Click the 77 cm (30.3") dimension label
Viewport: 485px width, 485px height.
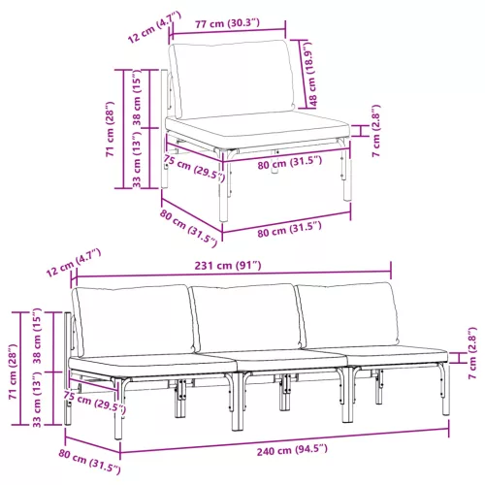pyautogui.click(x=227, y=23)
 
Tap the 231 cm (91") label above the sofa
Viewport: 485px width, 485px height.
pyautogui.click(x=228, y=266)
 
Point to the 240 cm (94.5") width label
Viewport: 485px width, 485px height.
pyautogui.click(x=292, y=450)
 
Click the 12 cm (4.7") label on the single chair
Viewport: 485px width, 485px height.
pyautogui.click(x=154, y=27)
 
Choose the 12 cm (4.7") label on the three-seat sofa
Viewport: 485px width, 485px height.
pyautogui.click(x=74, y=263)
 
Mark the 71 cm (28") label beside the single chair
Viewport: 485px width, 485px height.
pyautogui.click(x=110, y=129)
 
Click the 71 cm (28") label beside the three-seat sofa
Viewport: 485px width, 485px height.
pyautogui.click(x=13, y=372)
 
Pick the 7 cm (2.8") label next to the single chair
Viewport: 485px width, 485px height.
pyautogui.click(x=376, y=131)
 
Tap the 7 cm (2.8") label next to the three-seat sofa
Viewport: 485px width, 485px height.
pyautogui.click(x=472, y=353)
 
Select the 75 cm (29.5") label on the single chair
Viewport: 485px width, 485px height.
pyautogui.click(x=194, y=168)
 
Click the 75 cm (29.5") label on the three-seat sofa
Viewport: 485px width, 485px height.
pyautogui.click(x=94, y=403)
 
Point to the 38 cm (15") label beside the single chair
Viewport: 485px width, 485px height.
pyautogui.click(x=137, y=97)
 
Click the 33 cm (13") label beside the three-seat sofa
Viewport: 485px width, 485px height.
pyautogui.click(x=37, y=400)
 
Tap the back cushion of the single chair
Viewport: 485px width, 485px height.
pyautogui.click(x=232, y=79)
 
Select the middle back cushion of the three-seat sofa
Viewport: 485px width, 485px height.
pyautogui.click(x=246, y=317)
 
